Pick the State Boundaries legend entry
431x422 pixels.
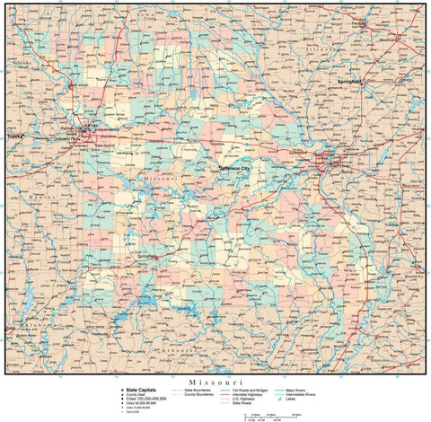point(199,390)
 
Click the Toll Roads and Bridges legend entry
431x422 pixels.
point(259,390)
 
